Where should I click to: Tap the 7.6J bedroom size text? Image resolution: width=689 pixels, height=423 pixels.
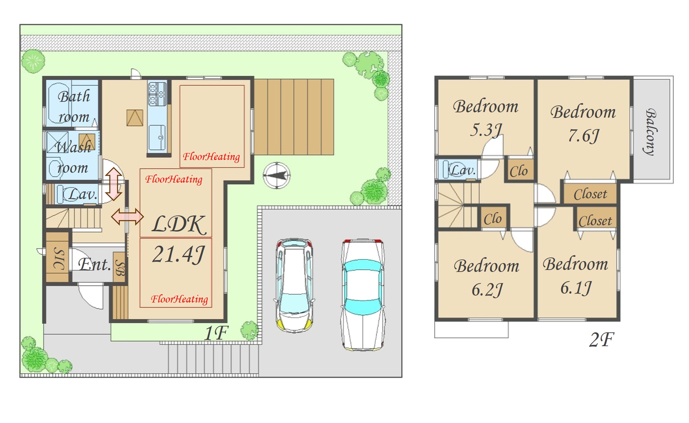(584, 135)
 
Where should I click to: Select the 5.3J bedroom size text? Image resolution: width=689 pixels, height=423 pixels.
(486, 130)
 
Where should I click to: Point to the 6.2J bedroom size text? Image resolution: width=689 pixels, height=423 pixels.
(487, 290)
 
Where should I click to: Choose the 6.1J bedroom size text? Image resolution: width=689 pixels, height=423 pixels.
(576, 288)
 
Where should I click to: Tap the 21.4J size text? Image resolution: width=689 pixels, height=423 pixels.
(178, 255)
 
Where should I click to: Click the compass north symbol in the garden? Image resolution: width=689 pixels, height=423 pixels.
(277, 175)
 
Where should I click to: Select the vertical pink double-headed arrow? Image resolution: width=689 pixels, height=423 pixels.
(114, 184)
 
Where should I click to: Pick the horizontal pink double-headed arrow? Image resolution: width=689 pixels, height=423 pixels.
(127, 216)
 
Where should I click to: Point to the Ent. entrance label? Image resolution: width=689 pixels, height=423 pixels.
(95, 264)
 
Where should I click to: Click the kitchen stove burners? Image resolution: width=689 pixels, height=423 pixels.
(157, 93)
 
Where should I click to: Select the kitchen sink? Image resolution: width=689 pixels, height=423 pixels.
(157, 137)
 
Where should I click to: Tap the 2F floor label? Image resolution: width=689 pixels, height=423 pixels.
(601, 340)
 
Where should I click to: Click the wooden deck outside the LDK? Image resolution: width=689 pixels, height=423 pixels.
(294, 117)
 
